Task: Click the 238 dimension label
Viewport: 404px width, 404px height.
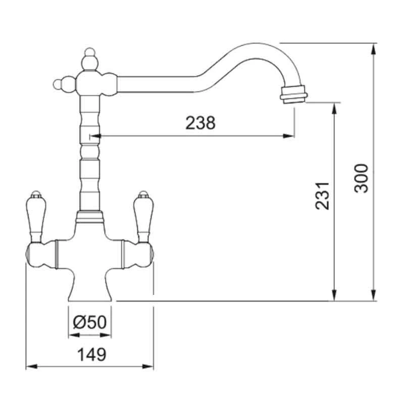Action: pyautogui.click(x=200, y=123)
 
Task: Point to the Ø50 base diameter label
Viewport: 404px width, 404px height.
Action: pyautogui.click(x=89, y=322)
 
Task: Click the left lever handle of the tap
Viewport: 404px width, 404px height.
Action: pyautogui.click(x=35, y=215)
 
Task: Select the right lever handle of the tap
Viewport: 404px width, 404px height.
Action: pyautogui.click(x=143, y=215)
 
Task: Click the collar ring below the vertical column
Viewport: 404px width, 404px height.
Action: pyautogui.click(x=89, y=217)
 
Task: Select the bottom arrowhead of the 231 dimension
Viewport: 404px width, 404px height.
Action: pyautogui.click(x=334, y=296)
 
